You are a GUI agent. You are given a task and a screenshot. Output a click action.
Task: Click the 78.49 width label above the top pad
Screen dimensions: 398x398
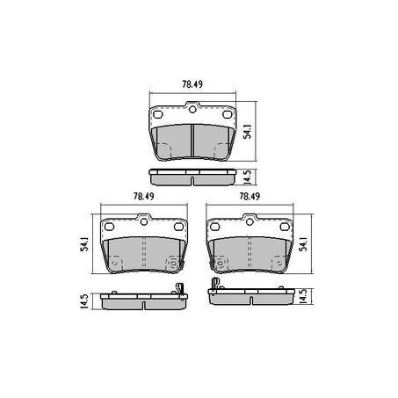192,84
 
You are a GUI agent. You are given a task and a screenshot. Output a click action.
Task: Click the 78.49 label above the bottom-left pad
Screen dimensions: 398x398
144,196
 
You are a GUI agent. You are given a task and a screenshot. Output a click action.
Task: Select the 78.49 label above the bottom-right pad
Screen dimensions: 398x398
250,196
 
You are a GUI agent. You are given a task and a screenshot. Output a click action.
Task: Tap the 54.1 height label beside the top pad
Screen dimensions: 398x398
248,131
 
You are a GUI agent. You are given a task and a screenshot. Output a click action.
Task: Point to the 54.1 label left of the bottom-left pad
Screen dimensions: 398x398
84,244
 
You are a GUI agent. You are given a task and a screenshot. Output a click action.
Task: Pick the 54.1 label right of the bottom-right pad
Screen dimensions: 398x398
304,244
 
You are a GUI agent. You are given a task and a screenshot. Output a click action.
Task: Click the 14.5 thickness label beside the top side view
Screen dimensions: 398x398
248,177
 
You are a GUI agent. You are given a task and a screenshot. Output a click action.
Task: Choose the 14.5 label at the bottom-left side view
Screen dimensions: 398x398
84,301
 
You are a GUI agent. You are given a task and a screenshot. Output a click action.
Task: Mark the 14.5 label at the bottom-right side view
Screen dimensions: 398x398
304,296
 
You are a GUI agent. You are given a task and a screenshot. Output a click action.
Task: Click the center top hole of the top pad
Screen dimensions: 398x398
192,110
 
